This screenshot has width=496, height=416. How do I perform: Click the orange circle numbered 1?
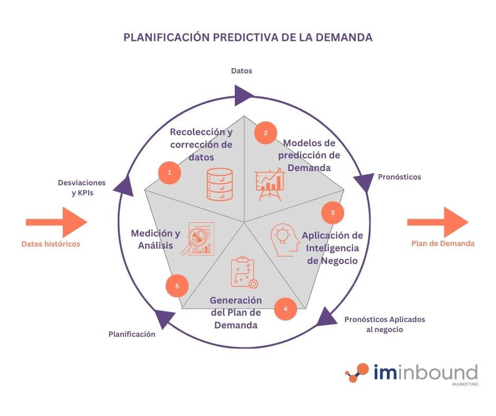pyautogui.click(x=170, y=173)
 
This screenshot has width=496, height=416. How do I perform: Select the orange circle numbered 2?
pyautogui.click(x=266, y=133)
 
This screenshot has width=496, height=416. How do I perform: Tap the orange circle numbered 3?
pyautogui.click(x=332, y=213)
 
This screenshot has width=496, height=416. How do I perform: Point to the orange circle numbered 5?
pyautogui.click(x=177, y=286)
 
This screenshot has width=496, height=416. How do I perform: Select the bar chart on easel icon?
pyautogui.click(x=269, y=184)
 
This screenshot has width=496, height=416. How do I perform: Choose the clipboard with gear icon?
pyautogui.click(x=244, y=273)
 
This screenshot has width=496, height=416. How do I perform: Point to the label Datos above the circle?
pyautogui.click(x=242, y=71)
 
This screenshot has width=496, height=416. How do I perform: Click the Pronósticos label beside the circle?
pyautogui.click(x=399, y=177)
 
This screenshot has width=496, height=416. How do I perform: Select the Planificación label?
pyautogui.click(x=132, y=334)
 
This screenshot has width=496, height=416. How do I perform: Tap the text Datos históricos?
pyautogui.click(x=51, y=243)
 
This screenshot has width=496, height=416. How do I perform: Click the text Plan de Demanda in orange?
pyautogui.click(x=443, y=243)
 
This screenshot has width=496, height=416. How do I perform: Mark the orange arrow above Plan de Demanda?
pyautogui.click(x=437, y=222)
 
